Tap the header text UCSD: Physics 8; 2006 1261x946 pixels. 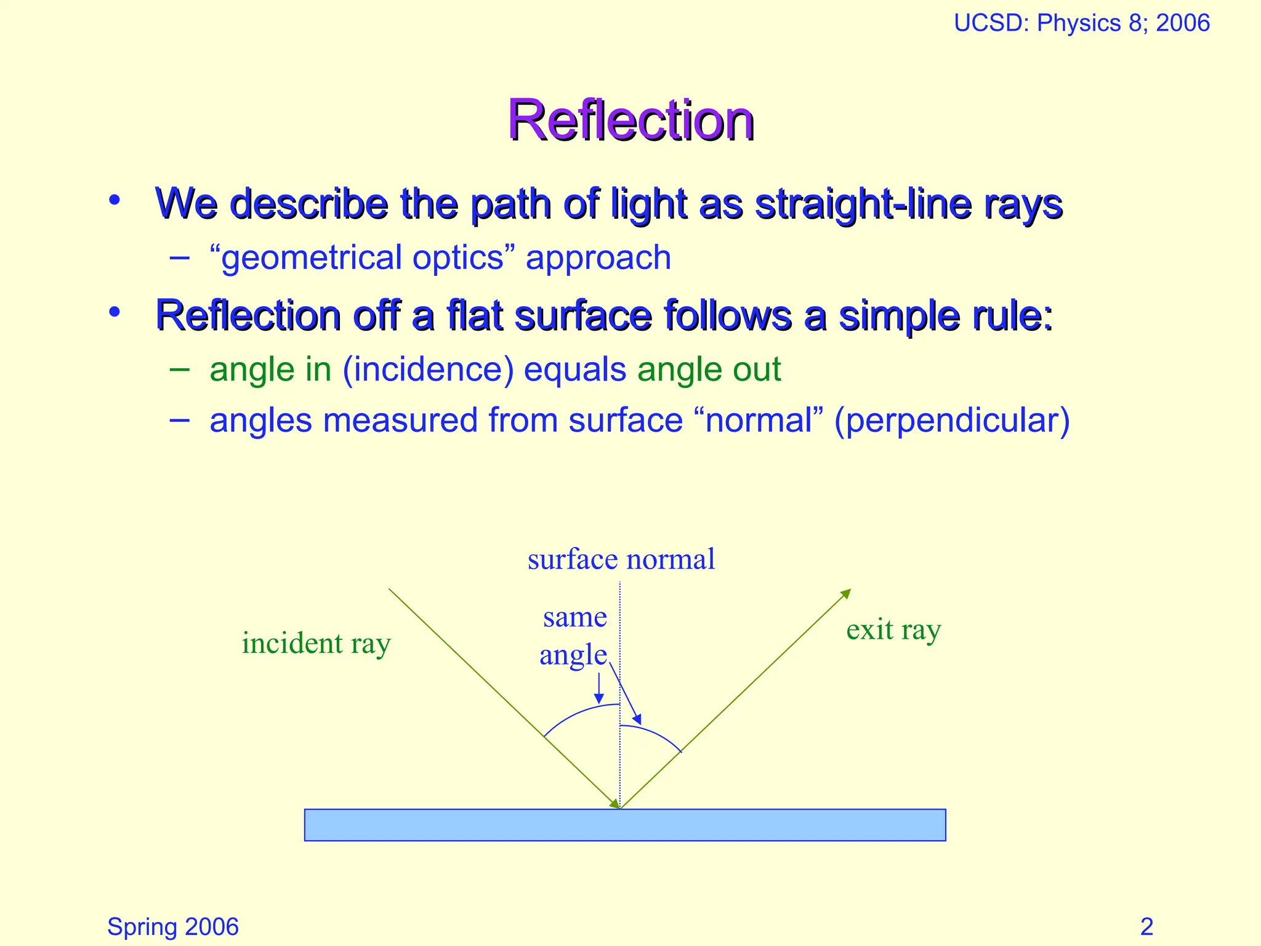(x=1081, y=23)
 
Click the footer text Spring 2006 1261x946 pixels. (x=172, y=926)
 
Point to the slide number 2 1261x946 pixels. (x=1146, y=926)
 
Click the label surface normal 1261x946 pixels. (x=621, y=559)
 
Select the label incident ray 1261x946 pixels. (x=316, y=644)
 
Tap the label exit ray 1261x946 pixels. (x=893, y=630)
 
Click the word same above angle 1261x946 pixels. (x=574, y=617)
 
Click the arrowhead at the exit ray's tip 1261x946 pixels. (x=847, y=593)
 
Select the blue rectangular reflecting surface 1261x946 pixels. (x=624, y=825)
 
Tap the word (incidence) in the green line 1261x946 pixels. (x=428, y=370)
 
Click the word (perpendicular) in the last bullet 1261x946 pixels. (x=951, y=421)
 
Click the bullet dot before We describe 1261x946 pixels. (x=114, y=200)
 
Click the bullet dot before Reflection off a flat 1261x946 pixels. (x=114, y=312)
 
